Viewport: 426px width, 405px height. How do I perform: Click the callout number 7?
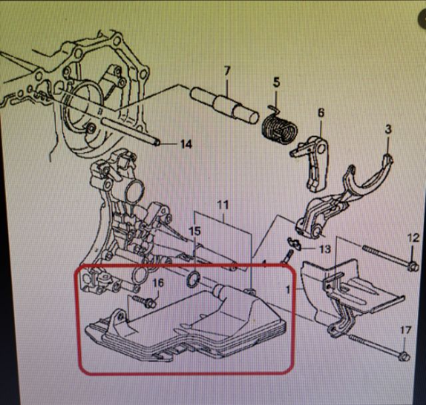227,71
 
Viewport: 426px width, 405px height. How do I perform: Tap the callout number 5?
276,82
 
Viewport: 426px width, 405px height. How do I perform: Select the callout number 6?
321,112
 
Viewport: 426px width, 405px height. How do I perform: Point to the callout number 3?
389,128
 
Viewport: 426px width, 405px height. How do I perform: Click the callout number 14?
186,144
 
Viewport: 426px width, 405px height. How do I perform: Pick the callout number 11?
223,205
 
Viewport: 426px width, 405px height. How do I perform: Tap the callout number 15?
194,231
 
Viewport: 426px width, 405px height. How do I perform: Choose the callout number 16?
158,283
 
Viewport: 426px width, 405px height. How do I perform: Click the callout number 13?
325,249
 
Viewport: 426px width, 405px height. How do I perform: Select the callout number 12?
413,238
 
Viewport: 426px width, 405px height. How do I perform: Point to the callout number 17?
405,331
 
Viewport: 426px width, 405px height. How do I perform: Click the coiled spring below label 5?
280,128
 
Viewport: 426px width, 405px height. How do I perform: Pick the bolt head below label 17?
405,356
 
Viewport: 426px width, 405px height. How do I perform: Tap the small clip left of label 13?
294,243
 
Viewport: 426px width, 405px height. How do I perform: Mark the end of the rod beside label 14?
156,142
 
